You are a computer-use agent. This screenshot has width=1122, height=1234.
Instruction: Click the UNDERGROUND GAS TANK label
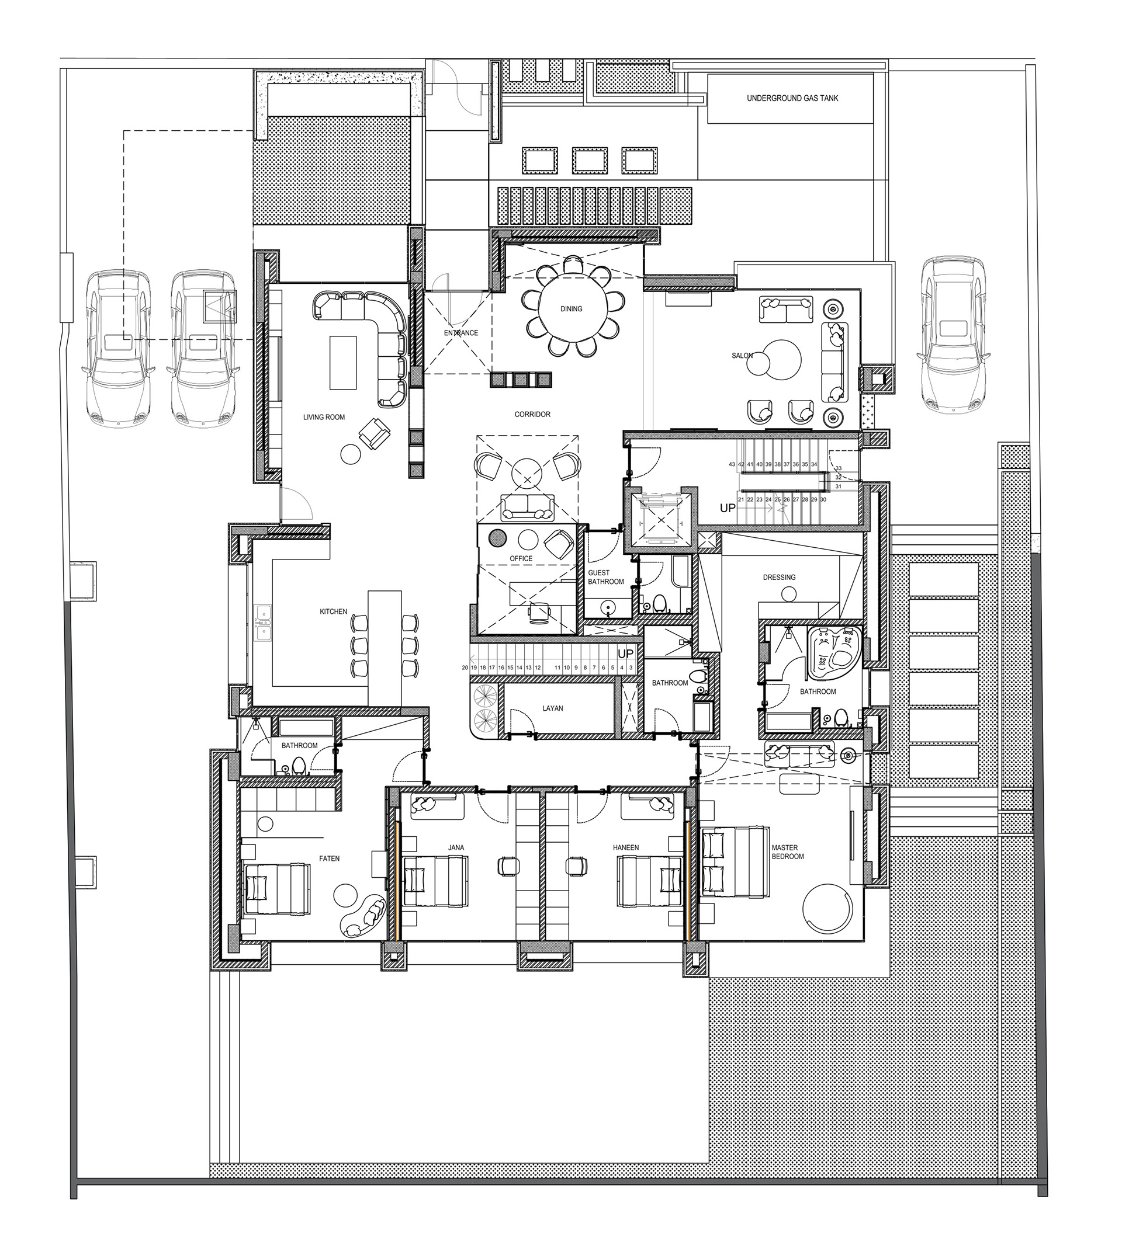click(x=792, y=98)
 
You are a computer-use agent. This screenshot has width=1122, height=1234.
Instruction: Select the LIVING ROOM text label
click(x=324, y=418)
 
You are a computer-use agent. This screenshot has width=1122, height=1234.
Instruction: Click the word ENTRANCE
click(x=460, y=333)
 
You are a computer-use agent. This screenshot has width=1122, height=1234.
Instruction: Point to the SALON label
click(x=742, y=356)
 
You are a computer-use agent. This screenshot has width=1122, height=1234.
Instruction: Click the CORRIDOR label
click(x=532, y=415)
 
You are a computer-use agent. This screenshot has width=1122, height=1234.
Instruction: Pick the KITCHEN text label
click(x=333, y=611)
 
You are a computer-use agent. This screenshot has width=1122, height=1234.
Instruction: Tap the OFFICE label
click(x=521, y=559)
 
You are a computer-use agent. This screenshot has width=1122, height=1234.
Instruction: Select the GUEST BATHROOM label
click(x=606, y=577)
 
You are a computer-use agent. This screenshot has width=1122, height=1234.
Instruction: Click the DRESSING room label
click(x=779, y=577)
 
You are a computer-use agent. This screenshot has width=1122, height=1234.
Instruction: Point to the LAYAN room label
click(x=552, y=708)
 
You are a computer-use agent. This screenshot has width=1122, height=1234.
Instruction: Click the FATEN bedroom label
click(x=329, y=859)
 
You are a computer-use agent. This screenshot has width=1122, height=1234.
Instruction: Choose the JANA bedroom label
click(x=456, y=848)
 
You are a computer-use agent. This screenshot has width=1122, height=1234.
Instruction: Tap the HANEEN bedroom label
click(x=625, y=848)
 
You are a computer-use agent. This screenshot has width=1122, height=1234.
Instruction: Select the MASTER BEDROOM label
click(x=788, y=852)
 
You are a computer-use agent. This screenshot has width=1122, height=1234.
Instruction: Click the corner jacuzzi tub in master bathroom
click(x=834, y=652)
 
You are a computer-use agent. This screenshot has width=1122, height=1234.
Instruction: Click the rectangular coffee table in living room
click(x=343, y=362)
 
